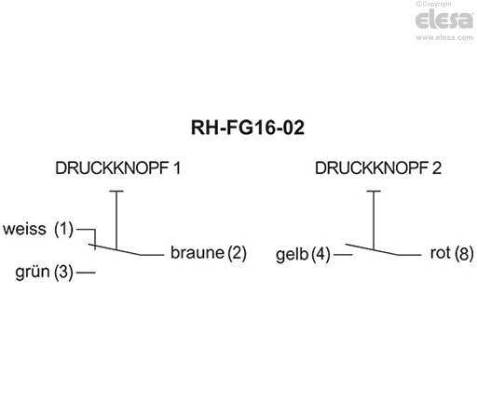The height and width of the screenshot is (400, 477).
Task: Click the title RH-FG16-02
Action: [x=238, y=127]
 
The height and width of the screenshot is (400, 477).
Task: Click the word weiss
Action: [x=26, y=228]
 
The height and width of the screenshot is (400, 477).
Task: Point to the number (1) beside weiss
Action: [x=62, y=228]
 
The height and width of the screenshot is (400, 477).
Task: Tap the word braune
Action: [x=197, y=253]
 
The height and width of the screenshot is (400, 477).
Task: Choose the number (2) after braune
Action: [x=236, y=253]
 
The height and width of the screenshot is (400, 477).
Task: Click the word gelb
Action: [x=292, y=254]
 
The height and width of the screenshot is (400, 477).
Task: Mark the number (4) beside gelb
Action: [x=321, y=254]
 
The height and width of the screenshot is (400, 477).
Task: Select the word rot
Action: [x=440, y=253]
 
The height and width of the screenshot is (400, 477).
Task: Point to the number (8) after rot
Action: [x=464, y=253]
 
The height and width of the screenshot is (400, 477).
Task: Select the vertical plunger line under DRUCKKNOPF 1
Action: [x=116, y=220]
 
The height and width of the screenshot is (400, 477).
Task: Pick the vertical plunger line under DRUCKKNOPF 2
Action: [x=375, y=220]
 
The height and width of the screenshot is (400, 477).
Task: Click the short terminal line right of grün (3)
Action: [x=87, y=273]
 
